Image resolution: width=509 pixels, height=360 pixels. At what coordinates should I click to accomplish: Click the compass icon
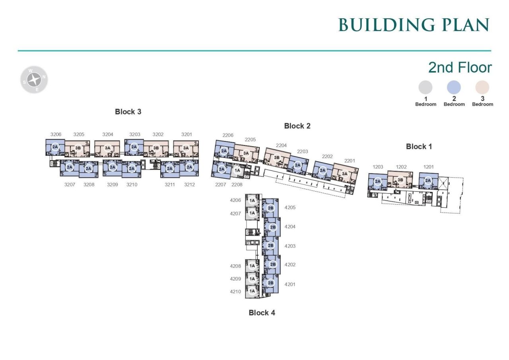[x=34, y=80]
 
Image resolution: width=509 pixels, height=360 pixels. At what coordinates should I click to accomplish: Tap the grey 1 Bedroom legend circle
[x=425, y=87]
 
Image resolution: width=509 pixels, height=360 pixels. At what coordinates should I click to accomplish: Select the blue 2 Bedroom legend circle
[x=454, y=87]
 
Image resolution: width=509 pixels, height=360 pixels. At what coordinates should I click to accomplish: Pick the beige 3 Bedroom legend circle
[x=482, y=87]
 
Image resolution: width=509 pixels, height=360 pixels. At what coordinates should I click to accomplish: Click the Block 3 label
[x=128, y=112]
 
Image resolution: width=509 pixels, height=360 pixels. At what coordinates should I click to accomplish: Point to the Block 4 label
[x=262, y=313]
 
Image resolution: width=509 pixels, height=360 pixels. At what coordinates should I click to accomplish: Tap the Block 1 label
[x=419, y=147]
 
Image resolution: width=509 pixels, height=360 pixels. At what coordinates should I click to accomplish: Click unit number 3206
[x=56, y=134]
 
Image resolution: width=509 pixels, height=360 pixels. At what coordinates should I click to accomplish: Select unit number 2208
[x=237, y=185]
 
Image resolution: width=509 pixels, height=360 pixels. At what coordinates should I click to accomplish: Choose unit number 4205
[x=290, y=207]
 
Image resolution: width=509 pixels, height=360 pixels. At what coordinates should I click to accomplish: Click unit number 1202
[x=401, y=167]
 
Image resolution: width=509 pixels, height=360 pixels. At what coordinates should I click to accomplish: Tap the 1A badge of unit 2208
[x=237, y=170]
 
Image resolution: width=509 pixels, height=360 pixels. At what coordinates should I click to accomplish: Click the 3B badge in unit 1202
[x=400, y=180]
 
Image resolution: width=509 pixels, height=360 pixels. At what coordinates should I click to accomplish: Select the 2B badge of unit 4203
[x=270, y=246]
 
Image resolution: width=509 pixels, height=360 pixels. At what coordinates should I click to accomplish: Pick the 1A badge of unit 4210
[x=252, y=291]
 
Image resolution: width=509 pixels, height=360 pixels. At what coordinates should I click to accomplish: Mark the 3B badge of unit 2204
[x=276, y=157]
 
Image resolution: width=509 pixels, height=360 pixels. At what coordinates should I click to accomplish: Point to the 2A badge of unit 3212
[x=189, y=167]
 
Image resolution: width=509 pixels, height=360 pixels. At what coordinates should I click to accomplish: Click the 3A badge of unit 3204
[x=107, y=148]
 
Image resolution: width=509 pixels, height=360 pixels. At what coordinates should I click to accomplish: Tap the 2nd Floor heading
[x=460, y=68]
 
